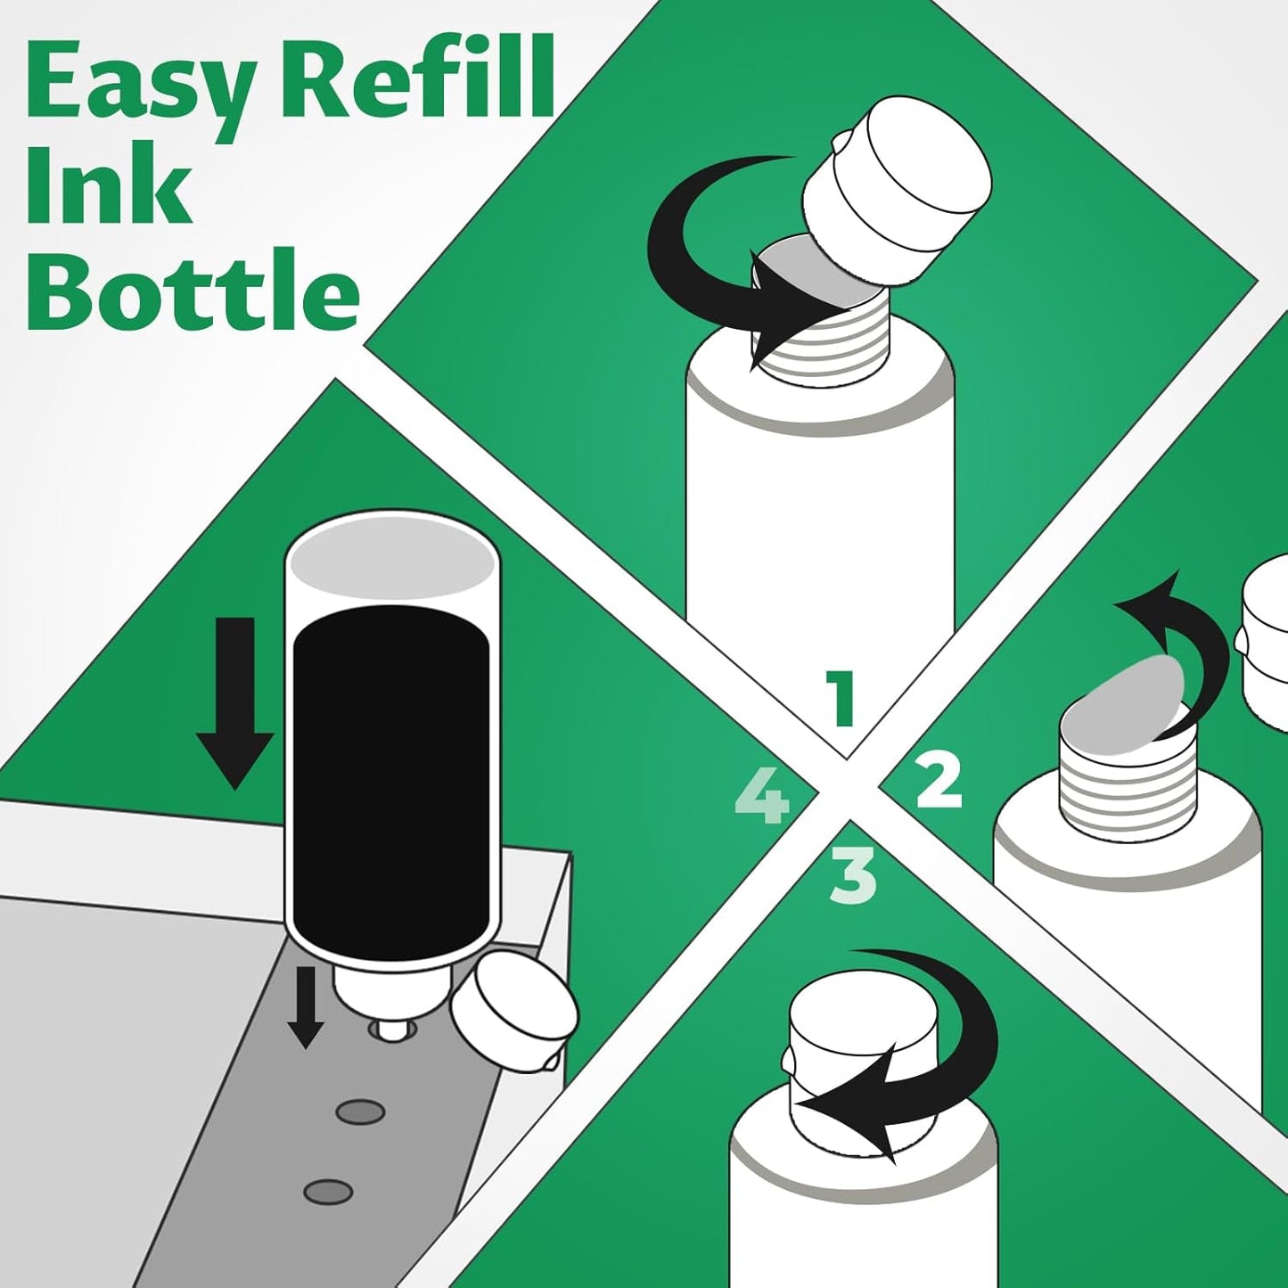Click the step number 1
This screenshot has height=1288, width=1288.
pyautogui.click(x=840, y=700)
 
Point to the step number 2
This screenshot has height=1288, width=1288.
pyautogui.click(x=939, y=781)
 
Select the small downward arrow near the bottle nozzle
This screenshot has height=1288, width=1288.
pyautogui.click(x=305, y=1008)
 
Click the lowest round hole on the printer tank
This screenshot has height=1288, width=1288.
pyautogui.click(x=328, y=1191)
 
